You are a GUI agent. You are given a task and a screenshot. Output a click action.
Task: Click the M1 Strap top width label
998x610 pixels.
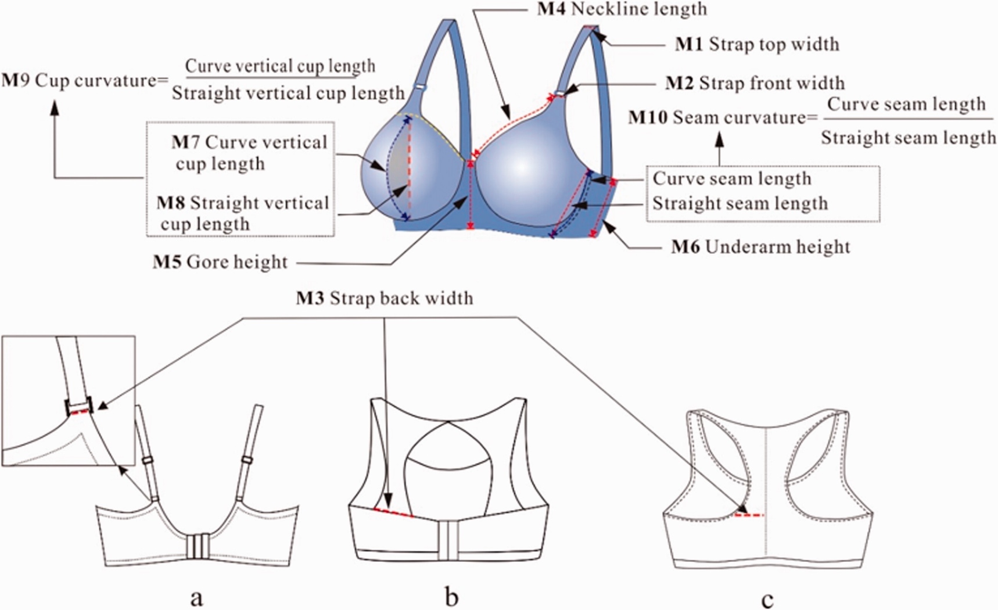point(756,44)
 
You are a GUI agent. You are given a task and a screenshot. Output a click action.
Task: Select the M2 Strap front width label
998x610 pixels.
point(755,83)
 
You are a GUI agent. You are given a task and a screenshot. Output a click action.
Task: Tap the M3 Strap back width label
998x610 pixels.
point(385,298)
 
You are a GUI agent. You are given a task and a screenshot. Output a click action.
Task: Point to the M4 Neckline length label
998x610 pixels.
point(622,9)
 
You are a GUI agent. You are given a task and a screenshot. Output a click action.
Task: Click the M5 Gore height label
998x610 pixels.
point(220,262)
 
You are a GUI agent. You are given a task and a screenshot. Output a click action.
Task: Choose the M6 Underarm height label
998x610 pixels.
point(760,247)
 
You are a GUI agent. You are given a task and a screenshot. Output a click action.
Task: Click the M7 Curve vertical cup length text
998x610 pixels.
point(250,153)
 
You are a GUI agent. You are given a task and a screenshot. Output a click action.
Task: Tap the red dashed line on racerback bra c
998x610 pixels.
point(750,515)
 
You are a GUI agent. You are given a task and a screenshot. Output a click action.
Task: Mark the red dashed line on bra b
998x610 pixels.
point(394,512)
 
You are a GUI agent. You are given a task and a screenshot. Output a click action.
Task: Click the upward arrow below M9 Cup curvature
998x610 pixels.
point(55,110)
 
